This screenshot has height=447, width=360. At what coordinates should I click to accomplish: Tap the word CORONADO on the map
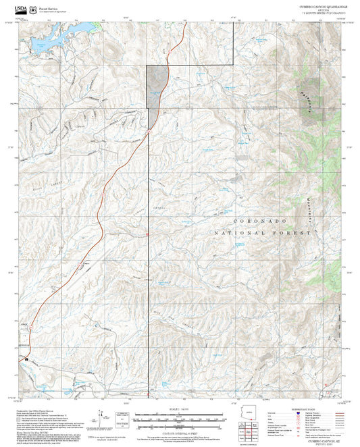[x=260, y=221]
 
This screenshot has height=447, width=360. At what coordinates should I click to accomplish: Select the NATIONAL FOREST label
[x=265, y=232]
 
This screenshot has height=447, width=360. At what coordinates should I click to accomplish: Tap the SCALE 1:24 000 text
[x=180, y=409]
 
